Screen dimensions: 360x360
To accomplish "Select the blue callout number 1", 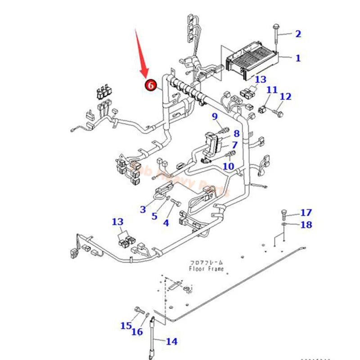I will (298, 58).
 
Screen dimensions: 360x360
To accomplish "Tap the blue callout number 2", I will (298, 33).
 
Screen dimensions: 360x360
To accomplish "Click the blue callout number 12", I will (286, 96).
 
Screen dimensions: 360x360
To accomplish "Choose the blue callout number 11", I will (271, 90).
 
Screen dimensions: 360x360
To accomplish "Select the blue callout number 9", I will (215, 117).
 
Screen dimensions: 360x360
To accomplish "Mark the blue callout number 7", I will (234, 145).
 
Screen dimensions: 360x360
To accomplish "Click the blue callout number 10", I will (229, 166).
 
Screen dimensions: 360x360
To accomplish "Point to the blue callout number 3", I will (143, 209).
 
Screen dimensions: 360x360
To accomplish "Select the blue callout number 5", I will (154, 216).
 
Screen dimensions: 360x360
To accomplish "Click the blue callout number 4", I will (166, 222).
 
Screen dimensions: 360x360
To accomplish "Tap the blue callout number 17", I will (306, 212).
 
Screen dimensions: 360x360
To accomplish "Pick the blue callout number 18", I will (306, 225).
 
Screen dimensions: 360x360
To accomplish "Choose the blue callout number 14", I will (171, 342).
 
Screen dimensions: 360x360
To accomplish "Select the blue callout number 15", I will (126, 325).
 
